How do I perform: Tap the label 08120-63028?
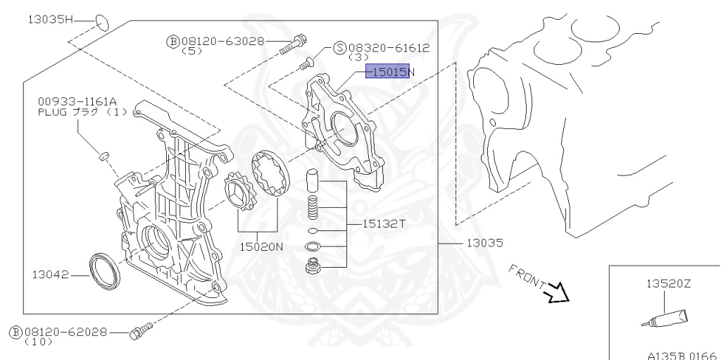223,42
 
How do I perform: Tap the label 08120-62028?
63,330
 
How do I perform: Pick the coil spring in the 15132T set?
315,209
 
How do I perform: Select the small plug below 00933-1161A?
104,155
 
